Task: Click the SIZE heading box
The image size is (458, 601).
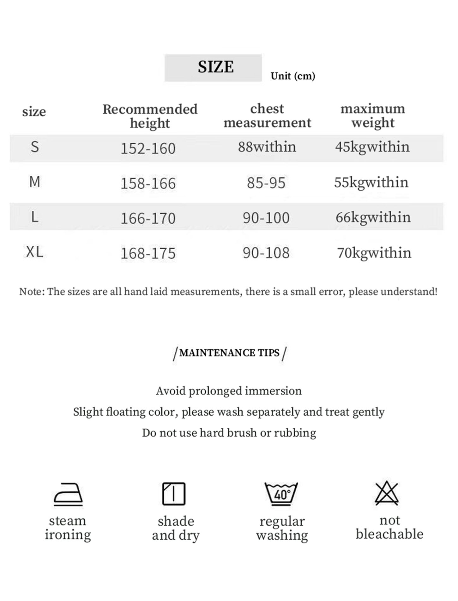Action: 213,68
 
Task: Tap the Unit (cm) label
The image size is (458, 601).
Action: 293,76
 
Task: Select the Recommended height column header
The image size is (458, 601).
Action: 150,116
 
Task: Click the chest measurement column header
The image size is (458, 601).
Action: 267,116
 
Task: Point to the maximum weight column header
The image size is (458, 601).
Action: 373,116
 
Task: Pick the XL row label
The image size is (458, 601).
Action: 34,252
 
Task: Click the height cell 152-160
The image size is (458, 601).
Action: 148,148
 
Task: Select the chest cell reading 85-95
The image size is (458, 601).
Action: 266,183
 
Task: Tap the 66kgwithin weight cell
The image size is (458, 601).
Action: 373,217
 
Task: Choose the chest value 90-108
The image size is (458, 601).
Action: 266,253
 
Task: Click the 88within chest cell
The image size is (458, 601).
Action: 267,147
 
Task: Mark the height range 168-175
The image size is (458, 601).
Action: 148,253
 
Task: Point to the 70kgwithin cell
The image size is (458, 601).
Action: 374,253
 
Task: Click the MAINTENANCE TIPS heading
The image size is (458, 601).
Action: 229,353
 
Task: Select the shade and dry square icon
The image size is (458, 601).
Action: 174,493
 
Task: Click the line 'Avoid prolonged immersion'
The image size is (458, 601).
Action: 229,391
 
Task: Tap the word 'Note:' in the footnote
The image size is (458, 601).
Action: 32,292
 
